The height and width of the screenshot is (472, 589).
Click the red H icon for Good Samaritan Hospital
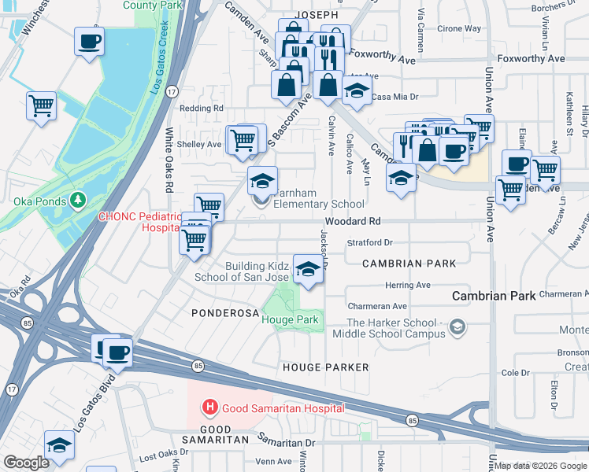pos(210,407)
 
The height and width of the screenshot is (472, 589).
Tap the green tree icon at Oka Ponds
pos(77,201)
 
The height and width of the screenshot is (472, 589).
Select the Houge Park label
pos(290,319)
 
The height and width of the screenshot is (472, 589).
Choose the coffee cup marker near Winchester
pos(89,40)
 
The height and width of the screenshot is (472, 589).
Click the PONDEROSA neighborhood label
pos(224,313)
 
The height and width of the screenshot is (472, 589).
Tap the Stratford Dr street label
pos(370,243)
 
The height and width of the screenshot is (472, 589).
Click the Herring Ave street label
pos(407,285)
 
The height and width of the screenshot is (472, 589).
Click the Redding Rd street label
pos(202,108)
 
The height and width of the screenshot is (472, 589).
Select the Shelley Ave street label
pos(199,144)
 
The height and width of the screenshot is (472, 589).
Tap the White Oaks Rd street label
pos(169,160)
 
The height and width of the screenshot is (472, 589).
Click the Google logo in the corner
pos(26,463)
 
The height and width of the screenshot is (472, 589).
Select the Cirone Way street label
pos(460,28)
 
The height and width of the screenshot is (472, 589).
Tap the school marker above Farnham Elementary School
pos(263,182)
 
